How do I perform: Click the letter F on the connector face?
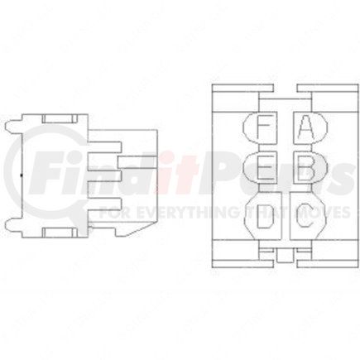[262, 128]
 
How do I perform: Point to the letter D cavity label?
[263, 218]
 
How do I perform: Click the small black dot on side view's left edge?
[18, 176]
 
